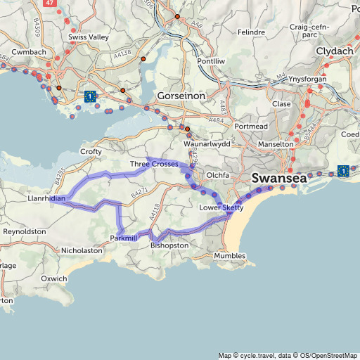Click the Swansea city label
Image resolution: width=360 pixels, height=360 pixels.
tap(279, 179)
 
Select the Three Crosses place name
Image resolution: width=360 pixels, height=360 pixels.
tap(154, 164)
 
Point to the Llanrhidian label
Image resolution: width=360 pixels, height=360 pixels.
tap(47, 199)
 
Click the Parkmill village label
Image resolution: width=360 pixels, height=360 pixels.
tap(124, 239)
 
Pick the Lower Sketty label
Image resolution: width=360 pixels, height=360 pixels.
tap(221, 207)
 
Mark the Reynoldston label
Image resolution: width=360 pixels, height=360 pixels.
tap(25, 231)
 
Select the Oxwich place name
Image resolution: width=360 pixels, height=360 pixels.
tap(54, 278)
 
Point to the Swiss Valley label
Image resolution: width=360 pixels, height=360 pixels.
tap(87, 36)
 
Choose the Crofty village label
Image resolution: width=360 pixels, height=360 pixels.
tap(91, 151)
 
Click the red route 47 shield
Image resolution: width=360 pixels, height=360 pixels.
tap(49, 3)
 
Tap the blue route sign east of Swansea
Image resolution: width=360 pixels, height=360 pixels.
tap(343, 171)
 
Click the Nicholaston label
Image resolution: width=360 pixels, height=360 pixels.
tap(82, 250)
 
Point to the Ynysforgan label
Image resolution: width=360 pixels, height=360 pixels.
tap(309, 80)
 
